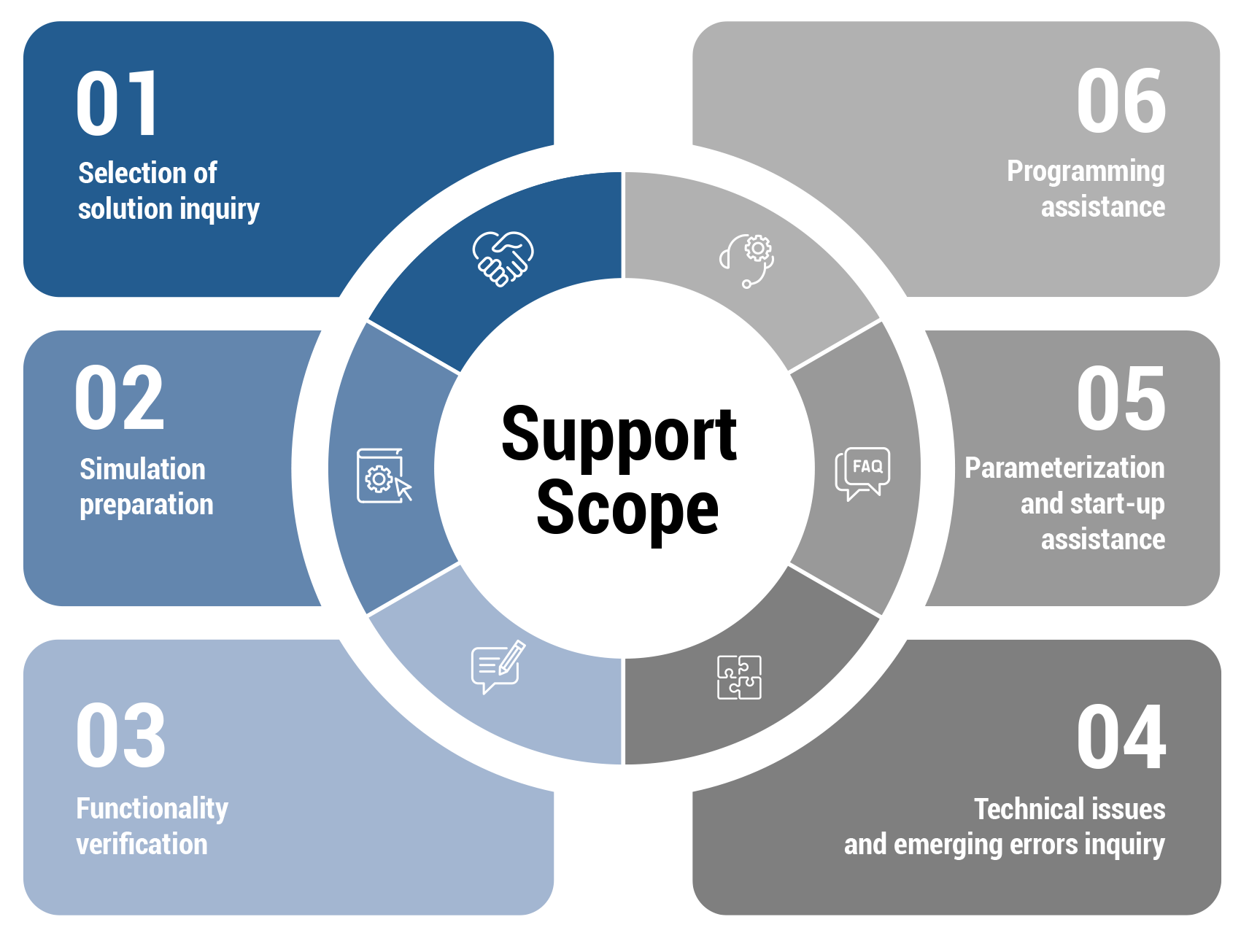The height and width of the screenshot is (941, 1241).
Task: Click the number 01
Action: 117,104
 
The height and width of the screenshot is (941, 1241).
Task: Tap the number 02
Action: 120,398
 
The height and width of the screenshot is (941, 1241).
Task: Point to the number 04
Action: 1121,737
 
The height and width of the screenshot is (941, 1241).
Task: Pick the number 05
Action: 1121,399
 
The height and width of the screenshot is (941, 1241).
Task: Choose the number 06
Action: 1121,101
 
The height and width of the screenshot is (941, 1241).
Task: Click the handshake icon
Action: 503,258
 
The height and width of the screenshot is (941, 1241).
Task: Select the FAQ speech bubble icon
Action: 862,473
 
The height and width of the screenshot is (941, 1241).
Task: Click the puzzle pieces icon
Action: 739,677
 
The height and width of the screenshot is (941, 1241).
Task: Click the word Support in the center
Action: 619,435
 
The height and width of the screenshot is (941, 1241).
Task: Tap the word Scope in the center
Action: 627,508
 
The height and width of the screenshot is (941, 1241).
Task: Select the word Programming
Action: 1086,172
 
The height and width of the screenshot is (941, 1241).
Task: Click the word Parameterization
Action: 1064,468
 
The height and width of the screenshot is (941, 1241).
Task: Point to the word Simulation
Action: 143,470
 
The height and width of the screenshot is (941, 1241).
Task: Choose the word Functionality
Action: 152,809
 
